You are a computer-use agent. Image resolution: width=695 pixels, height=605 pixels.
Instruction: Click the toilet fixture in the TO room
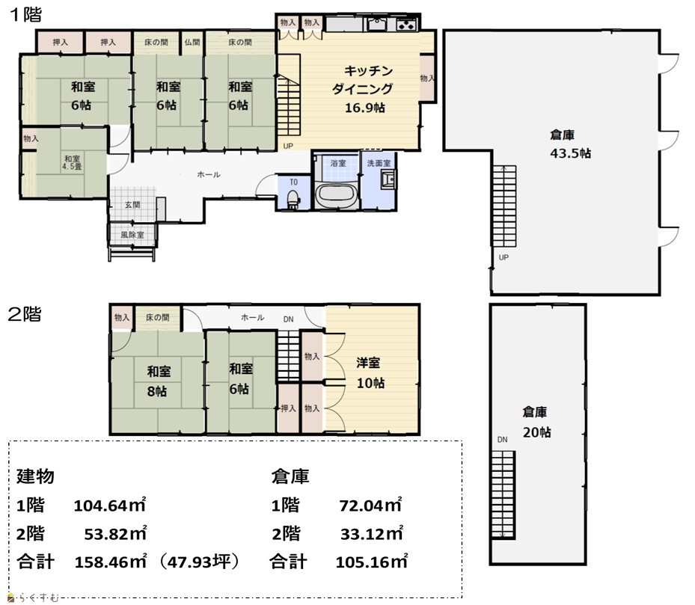(x=293, y=199)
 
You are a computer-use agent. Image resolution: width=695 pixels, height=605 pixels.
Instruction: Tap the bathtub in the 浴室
(x=337, y=195)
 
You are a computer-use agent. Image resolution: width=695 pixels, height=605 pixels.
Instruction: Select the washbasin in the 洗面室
(x=389, y=180)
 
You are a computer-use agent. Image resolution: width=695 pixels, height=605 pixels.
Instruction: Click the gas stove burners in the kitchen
(x=405, y=25)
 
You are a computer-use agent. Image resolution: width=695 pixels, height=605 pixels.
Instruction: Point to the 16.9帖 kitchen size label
(x=365, y=108)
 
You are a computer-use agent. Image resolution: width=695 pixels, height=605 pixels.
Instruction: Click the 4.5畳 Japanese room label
(x=73, y=163)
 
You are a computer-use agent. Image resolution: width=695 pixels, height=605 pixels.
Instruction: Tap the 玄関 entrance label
(x=132, y=205)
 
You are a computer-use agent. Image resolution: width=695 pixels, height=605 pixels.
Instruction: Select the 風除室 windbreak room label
(x=132, y=235)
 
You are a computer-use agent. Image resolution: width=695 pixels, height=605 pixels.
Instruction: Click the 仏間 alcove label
(x=192, y=43)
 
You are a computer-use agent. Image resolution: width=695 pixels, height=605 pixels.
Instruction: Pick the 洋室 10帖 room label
(x=370, y=372)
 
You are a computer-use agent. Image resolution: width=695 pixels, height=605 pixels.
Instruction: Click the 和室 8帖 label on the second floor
(x=159, y=381)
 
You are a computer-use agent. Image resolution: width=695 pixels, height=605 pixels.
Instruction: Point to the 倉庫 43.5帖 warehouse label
(x=570, y=144)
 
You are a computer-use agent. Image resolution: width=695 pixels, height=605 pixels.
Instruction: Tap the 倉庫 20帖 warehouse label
(x=536, y=423)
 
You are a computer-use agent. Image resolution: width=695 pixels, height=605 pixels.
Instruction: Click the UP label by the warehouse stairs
(x=503, y=257)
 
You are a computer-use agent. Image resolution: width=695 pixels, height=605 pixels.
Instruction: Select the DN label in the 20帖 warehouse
(x=502, y=440)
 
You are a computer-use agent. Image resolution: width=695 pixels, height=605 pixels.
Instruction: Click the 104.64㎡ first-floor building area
(x=110, y=506)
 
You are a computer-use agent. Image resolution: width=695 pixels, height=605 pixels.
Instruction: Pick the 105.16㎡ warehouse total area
(x=371, y=562)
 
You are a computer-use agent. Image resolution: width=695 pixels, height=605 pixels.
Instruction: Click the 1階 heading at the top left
(x=25, y=14)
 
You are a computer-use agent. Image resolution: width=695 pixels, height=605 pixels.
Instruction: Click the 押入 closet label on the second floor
(x=288, y=408)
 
